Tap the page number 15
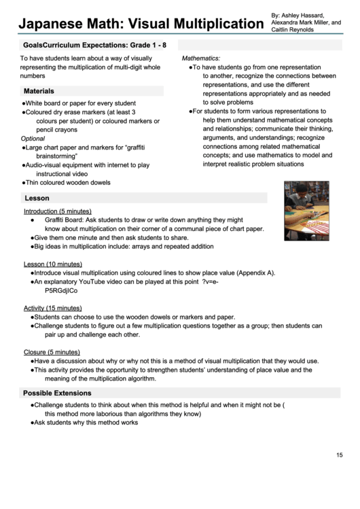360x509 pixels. coord(340,455)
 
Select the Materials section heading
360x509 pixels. coord(39,91)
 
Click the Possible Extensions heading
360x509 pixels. coord(57,393)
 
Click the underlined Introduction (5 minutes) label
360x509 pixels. coord(58,211)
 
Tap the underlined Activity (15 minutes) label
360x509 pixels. coord(53,308)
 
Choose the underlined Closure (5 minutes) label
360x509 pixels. coord(52,352)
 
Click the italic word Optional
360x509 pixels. coord(33,139)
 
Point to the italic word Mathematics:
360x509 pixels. coord(201,59)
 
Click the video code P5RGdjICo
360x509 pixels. coord(61,290)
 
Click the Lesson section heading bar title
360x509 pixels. coord(37,198)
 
